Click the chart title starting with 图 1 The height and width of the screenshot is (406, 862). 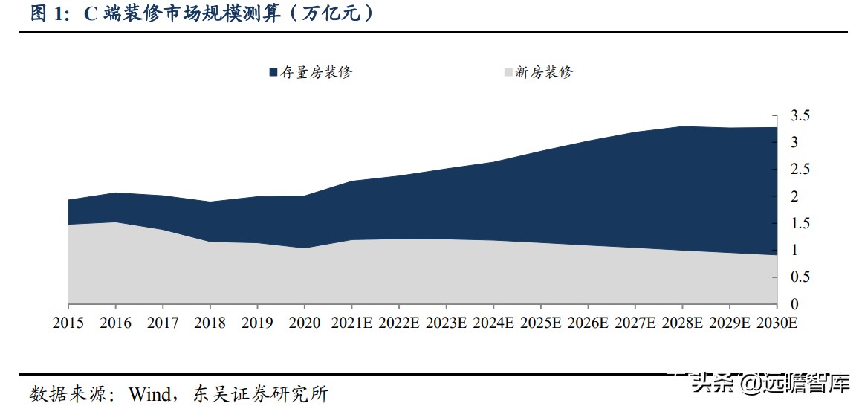click(x=201, y=13)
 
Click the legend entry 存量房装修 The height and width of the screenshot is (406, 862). click(x=315, y=72)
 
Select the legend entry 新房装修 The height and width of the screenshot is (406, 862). click(x=544, y=72)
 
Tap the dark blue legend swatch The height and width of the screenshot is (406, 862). click(x=273, y=72)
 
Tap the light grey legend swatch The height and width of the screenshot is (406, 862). click(x=508, y=72)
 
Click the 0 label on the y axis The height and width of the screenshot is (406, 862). click(x=794, y=304)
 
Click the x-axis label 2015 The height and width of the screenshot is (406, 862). click(x=68, y=323)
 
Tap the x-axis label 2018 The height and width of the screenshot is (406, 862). click(x=210, y=323)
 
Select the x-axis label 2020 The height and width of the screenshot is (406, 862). click(x=305, y=323)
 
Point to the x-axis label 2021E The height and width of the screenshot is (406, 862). click(x=351, y=323)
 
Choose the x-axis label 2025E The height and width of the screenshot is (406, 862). click(x=541, y=323)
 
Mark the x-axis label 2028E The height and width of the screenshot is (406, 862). click(x=683, y=323)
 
